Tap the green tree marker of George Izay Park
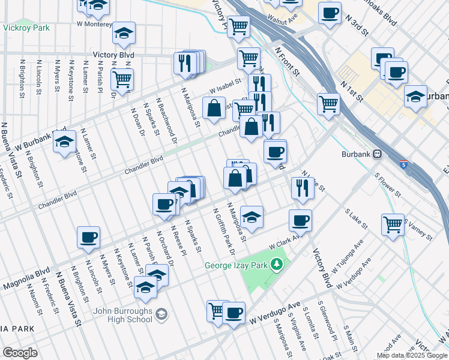tap(277, 264)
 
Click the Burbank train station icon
tap(378, 154)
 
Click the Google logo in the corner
tap(20, 353)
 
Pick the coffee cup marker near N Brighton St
tap(88, 237)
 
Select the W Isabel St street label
tap(224, 88)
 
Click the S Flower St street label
tap(387, 185)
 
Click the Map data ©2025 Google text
tap(411, 355)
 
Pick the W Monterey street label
tap(94, 24)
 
